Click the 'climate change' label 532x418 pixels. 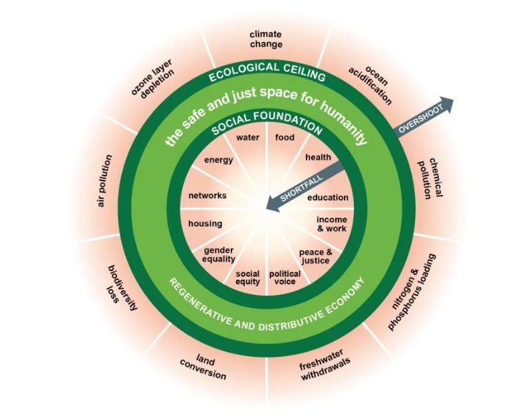[266, 39]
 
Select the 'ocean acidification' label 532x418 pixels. [370, 85]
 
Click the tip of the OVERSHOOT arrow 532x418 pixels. [452, 101]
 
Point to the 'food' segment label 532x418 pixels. [284, 138]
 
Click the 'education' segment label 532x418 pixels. [327, 198]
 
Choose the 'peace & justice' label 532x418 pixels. [315, 256]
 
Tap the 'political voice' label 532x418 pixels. [285, 278]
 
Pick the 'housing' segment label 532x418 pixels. [205, 224]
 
